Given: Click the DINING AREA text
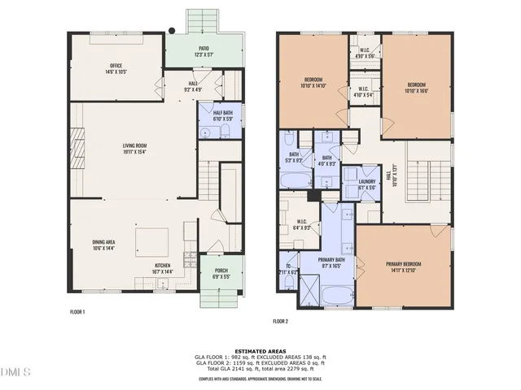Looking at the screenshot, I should (103, 245).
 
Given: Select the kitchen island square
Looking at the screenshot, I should (152, 242).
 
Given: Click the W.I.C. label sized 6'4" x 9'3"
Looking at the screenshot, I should (300, 225).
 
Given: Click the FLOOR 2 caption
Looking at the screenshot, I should (281, 321).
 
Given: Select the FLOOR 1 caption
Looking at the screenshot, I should (77, 311).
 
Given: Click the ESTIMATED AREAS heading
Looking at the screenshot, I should (260, 350).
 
